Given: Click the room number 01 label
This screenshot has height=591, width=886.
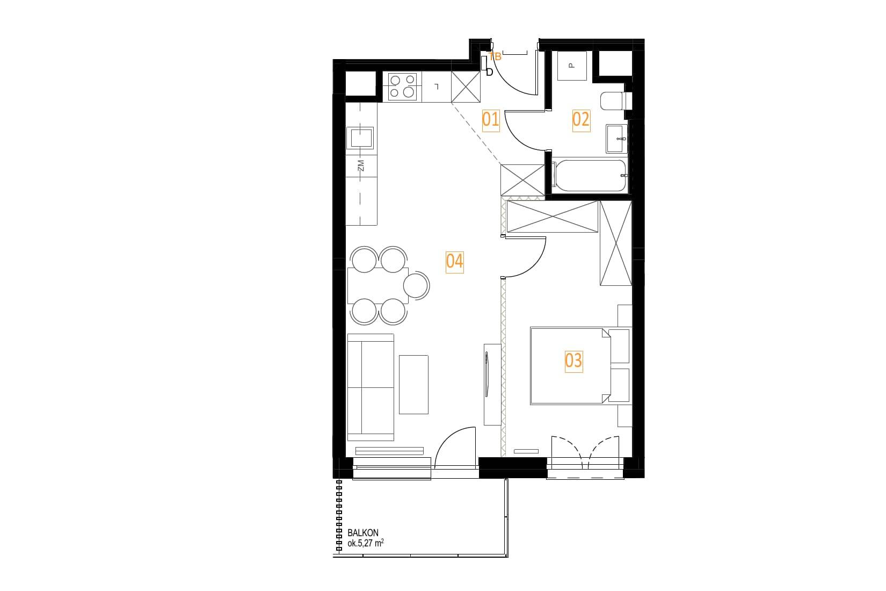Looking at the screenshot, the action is coord(490,120).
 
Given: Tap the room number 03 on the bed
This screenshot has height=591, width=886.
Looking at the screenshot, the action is coord(573,362).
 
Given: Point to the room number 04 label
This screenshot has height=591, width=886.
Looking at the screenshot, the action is coord(454,262).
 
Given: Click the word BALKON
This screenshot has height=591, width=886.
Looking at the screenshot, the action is coord(363,533).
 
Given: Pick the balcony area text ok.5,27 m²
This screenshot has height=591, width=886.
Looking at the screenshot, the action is coord(366,544).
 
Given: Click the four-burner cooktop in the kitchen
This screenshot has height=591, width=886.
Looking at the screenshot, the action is coord(402,87).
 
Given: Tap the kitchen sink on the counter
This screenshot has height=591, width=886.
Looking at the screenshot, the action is coord(360,138).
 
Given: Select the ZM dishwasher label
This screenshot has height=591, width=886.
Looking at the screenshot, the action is coord(360,165).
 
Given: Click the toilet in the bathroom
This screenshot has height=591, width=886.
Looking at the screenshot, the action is coord(616,101).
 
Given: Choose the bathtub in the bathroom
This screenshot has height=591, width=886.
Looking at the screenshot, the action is coord(590,175).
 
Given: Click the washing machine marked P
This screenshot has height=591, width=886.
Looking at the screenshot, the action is coord(572,66).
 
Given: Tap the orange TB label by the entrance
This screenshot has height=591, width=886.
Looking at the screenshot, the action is coord(495,57).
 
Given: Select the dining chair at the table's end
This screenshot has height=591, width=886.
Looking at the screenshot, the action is coord(417,285).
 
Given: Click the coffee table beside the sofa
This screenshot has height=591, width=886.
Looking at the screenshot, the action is coord(413,385).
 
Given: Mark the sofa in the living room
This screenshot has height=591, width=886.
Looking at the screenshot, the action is coord(371,387).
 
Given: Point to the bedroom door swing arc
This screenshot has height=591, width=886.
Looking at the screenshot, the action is coord(536,266).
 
